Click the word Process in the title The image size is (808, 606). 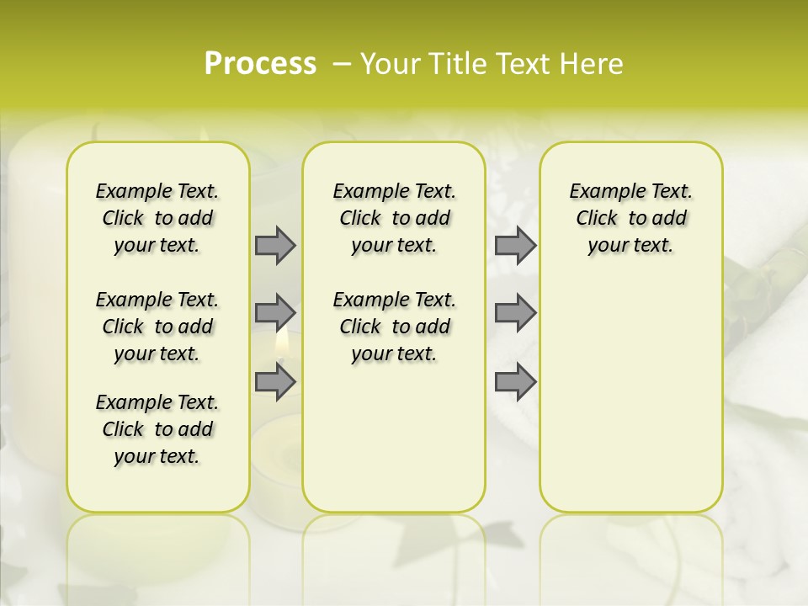click(259, 64)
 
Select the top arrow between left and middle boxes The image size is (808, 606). click(275, 245)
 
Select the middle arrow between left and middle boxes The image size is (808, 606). click(275, 313)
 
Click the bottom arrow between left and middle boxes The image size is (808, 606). click(275, 381)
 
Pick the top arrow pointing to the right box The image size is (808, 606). click(515, 245)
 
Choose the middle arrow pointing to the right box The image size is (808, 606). click(515, 313)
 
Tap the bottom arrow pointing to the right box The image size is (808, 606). click(515, 381)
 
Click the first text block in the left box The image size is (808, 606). click(157, 218)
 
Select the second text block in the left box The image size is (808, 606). click(157, 327)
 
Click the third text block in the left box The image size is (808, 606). click(157, 429)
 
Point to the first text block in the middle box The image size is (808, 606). click(394, 218)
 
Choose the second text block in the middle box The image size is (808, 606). click(394, 327)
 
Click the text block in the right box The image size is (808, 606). click(630, 218)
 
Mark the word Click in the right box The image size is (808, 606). click(597, 218)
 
